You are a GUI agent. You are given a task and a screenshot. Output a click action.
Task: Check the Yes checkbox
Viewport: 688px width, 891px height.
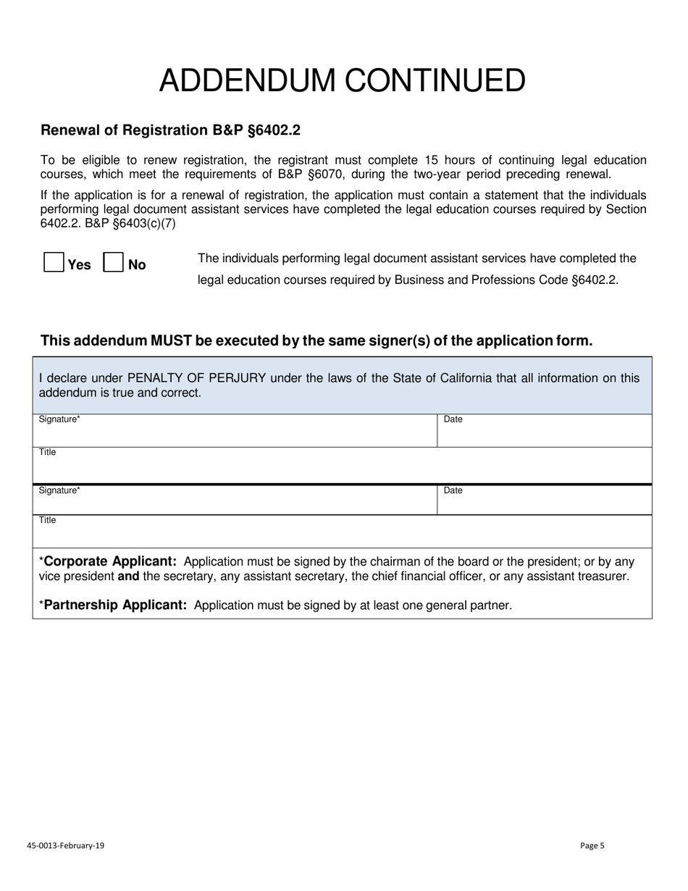tap(54, 262)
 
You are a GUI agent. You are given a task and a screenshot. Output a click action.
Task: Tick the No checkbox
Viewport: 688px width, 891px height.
tap(113, 262)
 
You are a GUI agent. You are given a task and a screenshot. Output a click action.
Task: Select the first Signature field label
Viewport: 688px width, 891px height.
tap(59, 419)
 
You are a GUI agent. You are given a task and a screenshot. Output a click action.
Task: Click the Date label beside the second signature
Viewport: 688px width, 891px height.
tap(453, 490)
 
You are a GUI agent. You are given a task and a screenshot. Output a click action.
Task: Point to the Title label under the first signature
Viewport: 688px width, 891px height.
tap(47, 453)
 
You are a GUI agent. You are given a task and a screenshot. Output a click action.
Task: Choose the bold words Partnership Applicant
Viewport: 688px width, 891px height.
tap(115, 605)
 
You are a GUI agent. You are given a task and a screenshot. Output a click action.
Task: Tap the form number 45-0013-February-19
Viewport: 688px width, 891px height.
tap(65, 845)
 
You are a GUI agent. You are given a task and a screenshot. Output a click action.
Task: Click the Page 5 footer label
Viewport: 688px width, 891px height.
tap(592, 845)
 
